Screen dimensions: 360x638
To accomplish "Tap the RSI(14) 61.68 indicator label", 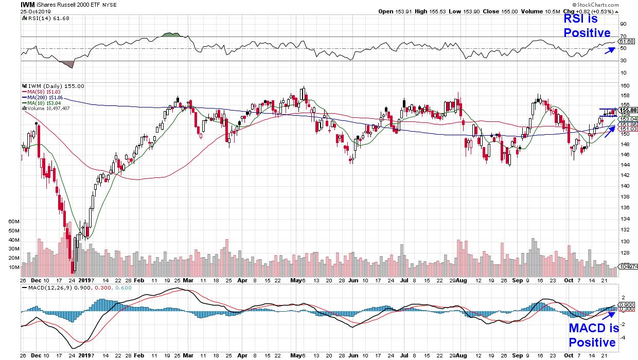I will pyautogui.click(x=49, y=19).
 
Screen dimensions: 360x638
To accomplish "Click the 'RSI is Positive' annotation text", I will pyautogui.click(x=587, y=26).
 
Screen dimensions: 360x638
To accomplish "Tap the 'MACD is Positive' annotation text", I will pyautogui.click(x=592, y=336).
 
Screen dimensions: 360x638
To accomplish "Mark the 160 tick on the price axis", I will pyautogui.click(x=624, y=86).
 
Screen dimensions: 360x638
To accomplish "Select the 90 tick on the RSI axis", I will pyautogui.click(x=623, y=24).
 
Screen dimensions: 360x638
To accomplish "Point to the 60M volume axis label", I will pyautogui.click(x=13, y=221).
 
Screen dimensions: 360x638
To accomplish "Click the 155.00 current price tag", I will pyautogui.click(x=628, y=110).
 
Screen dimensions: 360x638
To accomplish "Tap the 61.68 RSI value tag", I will pyautogui.click(x=626, y=41).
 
